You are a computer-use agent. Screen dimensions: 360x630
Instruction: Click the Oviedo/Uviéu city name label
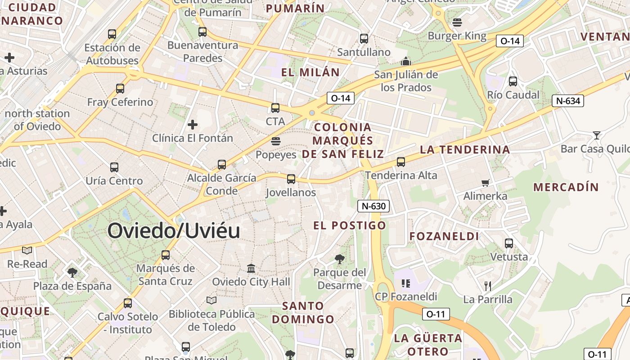pos(174,231)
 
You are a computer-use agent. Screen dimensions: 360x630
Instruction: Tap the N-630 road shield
pos(373,206)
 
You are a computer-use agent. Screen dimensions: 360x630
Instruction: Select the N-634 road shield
pos(568,101)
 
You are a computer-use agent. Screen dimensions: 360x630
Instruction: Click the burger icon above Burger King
pos(457,22)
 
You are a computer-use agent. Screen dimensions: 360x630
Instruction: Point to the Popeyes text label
pos(276,155)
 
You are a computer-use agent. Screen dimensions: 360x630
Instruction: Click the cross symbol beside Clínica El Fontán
pos(193,124)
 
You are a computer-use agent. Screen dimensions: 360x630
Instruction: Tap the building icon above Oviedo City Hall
pos(251,269)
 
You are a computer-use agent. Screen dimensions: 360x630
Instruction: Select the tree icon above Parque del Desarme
pos(340,259)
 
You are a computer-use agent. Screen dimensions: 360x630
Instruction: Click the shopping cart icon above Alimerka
pos(485,183)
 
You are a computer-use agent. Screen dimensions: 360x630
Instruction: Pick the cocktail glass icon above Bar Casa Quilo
pos(596,135)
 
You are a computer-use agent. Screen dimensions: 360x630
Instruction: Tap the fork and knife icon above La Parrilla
pos(487,286)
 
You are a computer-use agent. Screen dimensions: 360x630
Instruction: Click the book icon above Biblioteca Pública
pos(211,300)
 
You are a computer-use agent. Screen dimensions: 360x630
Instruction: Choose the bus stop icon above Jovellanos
pos(291,179)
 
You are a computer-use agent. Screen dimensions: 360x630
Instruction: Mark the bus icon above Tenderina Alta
pos(401,162)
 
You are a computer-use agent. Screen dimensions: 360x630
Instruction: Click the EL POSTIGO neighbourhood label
pos(350,225)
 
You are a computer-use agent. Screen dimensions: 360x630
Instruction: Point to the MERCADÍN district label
pos(566,187)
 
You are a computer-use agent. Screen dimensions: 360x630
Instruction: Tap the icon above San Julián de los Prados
pos(406,61)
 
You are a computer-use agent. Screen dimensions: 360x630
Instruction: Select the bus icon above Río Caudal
pos(513,81)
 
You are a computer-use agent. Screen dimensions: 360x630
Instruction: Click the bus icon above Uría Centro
pos(114,167)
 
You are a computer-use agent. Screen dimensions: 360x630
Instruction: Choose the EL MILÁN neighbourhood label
pos(310,72)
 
